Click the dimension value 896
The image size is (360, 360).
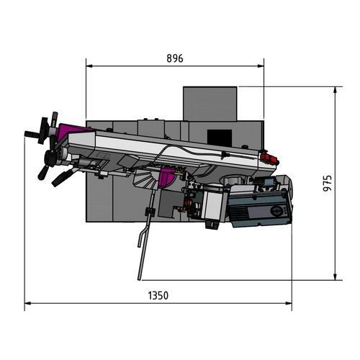click(174, 58)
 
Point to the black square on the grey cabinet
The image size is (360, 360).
click(216, 135)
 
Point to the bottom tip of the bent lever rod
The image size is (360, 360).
click(139, 278)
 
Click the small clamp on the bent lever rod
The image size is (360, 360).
click(150, 211)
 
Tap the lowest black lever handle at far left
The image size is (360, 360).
click(60, 177)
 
